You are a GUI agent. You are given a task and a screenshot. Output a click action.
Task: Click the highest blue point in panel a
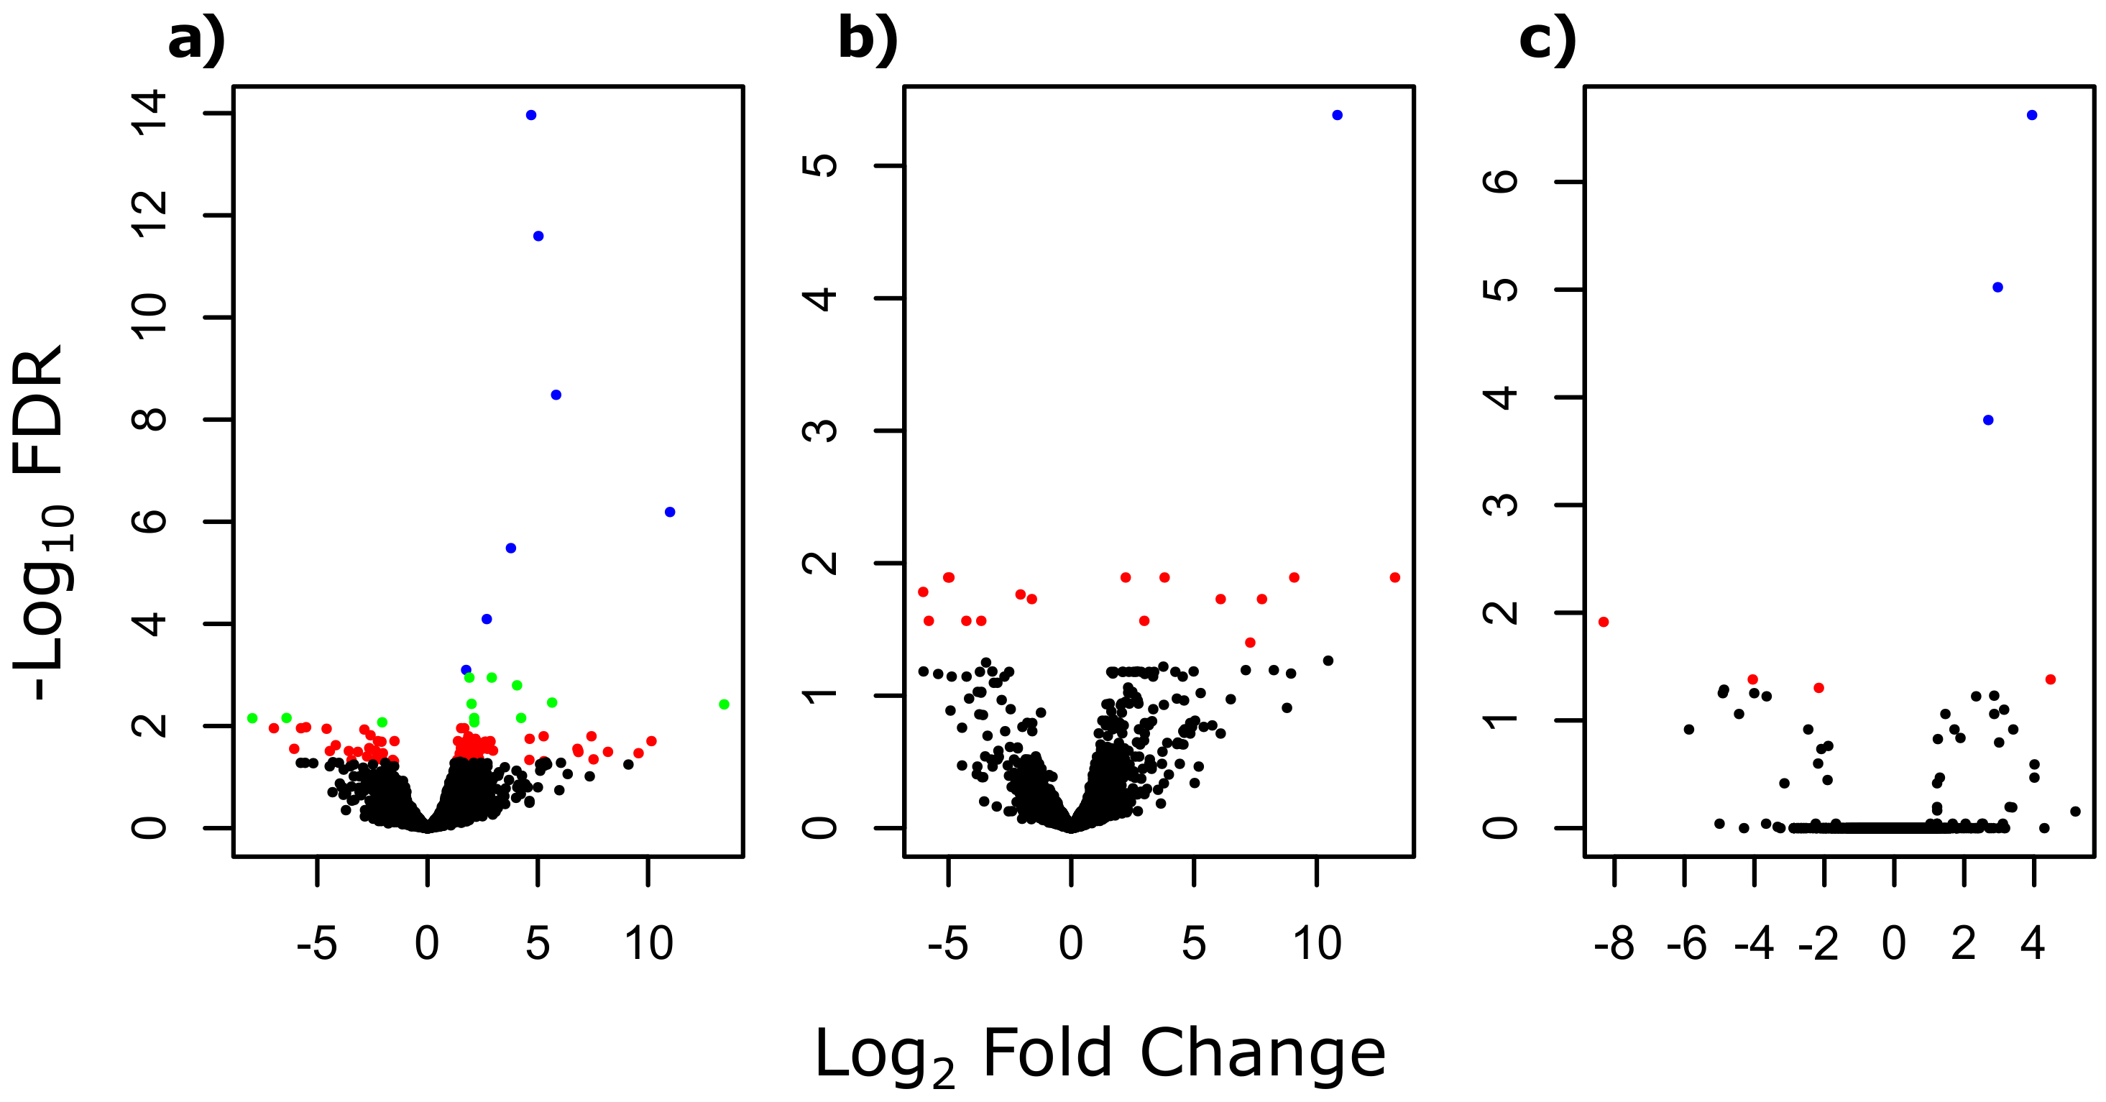click(x=530, y=115)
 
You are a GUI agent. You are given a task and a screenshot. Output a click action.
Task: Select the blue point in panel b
click(x=1337, y=115)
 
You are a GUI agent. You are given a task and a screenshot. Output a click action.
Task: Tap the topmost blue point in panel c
click(x=2031, y=115)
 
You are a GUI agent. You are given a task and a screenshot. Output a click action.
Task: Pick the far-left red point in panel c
click(x=1603, y=622)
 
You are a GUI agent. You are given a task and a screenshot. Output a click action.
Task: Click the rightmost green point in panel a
click(x=724, y=704)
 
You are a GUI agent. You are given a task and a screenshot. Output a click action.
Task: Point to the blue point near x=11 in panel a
click(x=670, y=512)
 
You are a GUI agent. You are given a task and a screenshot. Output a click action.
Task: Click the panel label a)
click(x=196, y=40)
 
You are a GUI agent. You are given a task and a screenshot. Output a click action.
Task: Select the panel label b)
click(x=868, y=40)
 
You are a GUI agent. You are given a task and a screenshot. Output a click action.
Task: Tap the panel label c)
click(x=1547, y=40)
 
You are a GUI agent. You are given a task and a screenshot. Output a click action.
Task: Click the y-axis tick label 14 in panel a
click(x=150, y=113)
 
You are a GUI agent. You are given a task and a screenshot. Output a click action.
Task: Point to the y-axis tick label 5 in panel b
click(x=820, y=166)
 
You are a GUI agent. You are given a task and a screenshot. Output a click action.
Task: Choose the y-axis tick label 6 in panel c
click(x=1500, y=181)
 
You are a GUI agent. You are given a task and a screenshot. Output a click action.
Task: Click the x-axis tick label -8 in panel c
click(x=1614, y=945)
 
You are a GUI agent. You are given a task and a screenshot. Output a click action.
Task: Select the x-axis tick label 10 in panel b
click(x=1316, y=945)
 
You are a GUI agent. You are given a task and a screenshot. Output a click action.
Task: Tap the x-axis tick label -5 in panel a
click(x=316, y=945)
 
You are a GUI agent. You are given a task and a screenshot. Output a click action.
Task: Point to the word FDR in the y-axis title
click(x=40, y=413)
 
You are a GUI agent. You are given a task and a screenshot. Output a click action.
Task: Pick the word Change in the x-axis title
click(x=1262, y=1054)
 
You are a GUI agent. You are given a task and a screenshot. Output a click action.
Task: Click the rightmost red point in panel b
click(x=1394, y=578)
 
